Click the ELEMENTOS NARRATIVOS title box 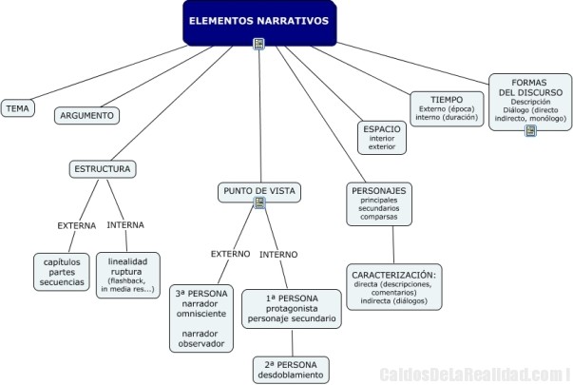[258, 22]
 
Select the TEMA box [17, 108]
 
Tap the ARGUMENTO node [86, 115]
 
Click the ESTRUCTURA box [102, 169]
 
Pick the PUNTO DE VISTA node [259, 192]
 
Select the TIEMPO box [447, 108]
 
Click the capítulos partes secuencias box [63, 271]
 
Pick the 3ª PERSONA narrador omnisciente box [201, 318]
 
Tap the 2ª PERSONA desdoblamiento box [291, 369]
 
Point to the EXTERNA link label [76, 225]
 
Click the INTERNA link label [125, 224]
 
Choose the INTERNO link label [278, 254]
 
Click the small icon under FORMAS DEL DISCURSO [530, 130]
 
